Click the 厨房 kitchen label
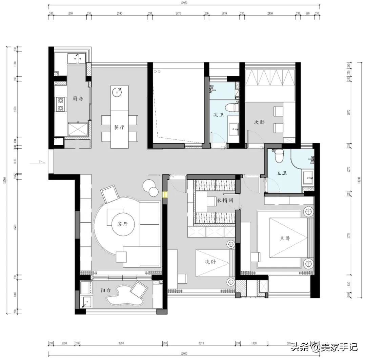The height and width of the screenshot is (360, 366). pyautogui.click(x=78, y=99)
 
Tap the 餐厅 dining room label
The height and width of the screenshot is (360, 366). pyautogui.click(x=119, y=128)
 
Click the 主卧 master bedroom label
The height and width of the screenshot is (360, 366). pyautogui.click(x=285, y=238)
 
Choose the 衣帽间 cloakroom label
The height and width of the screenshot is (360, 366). pyautogui.click(x=225, y=200)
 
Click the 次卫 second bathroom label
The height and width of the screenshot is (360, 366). pyautogui.click(x=219, y=115)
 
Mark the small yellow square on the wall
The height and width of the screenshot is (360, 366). pyautogui.click(x=165, y=194)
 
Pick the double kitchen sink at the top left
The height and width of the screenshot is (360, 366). pyautogui.click(x=76, y=59)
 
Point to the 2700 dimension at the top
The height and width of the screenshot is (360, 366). pyautogui.click(x=119, y=13)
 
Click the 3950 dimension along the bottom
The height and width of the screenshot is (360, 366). pyautogui.click(x=121, y=343)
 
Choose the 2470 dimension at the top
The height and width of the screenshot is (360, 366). pyautogui.click(x=178, y=13)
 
